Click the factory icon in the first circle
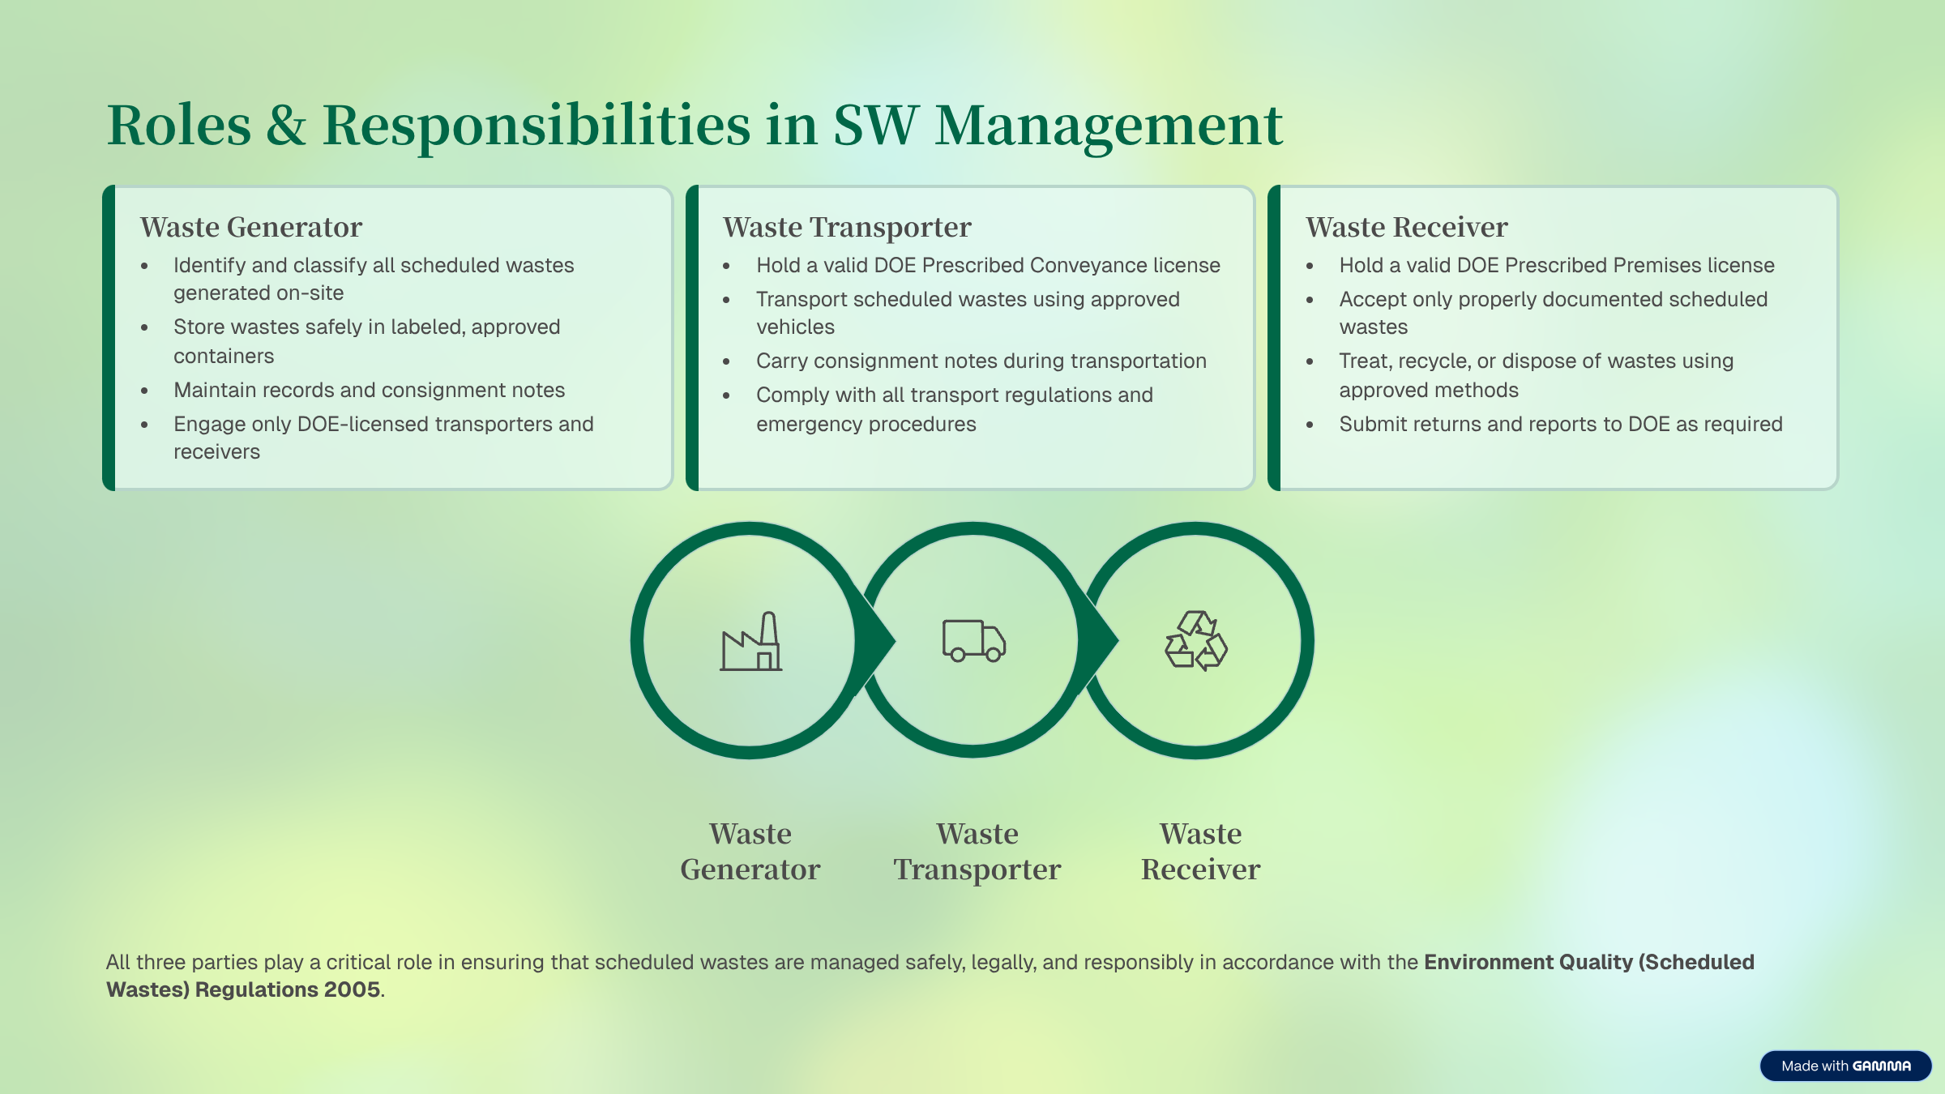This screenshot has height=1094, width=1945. pos(750,641)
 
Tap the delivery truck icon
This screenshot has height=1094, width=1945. pos(973,641)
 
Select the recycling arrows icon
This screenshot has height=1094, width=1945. pos(1196,641)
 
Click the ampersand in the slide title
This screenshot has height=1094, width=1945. pos(287,126)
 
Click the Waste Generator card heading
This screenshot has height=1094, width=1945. pos(251,227)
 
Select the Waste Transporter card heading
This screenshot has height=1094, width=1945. pos(847,227)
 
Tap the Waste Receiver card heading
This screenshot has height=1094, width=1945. pos(1407,227)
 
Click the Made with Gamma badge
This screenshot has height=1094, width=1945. pos(1845,1066)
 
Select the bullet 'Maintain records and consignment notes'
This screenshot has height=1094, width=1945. pos(369,390)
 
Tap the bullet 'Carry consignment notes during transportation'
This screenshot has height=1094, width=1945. pos(981,361)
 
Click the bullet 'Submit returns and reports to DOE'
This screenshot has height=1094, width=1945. pos(1561,425)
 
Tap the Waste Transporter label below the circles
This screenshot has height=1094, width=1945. pos(977,852)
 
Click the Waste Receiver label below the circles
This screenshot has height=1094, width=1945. pos(1200,852)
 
